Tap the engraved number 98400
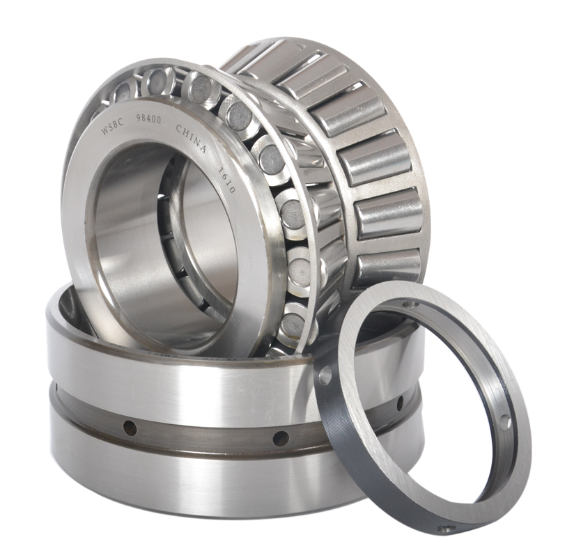(x=148, y=121)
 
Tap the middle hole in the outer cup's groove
(x=281, y=438)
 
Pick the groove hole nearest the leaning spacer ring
(x=400, y=403)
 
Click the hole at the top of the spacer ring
(x=410, y=304)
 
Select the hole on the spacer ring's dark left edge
(x=325, y=377)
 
